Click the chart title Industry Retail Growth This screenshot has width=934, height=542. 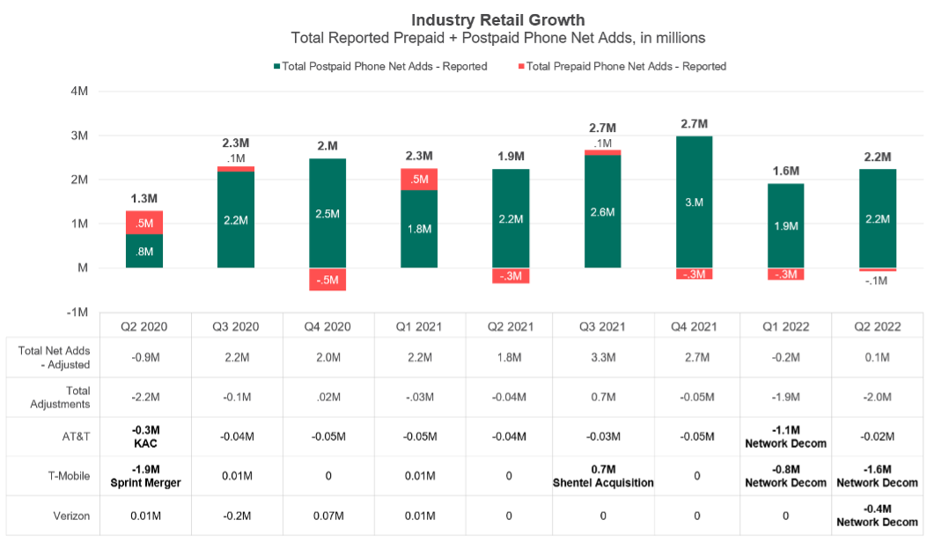[x=497, y=19]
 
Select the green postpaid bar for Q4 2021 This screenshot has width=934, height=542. [x=695, y=201]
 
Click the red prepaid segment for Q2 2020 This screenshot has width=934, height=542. [x=143, y=223]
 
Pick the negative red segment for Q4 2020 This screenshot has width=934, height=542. [x=327, y=279]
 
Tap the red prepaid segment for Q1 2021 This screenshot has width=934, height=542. [x=419, y=179]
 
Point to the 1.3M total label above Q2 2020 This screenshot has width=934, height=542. [x=143, y=198]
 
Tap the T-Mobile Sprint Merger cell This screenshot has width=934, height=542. [x=144, y=476]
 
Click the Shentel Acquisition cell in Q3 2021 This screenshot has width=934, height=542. [x=603, y=476]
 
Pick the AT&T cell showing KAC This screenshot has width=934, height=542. [x=144, y=436]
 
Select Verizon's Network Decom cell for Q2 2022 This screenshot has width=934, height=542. [x=877, y=516]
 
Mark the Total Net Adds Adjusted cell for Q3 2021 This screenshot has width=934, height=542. [x=603, y=357]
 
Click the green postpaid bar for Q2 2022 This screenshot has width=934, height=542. [x=877, y=218]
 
